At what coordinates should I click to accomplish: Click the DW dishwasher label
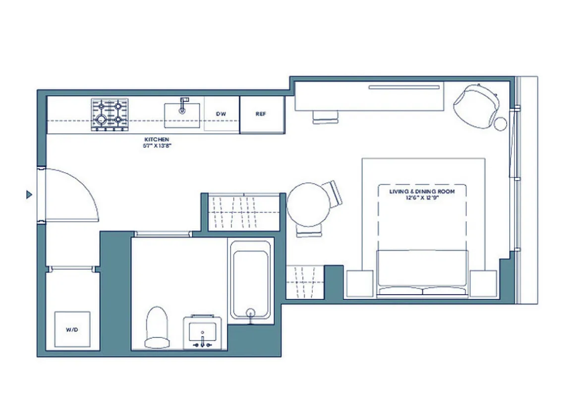tap(221, 114)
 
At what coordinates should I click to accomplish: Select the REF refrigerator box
tap(261, 114)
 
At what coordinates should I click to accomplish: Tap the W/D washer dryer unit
tap(72, 329)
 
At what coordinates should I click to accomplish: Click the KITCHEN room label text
tap(157, 140)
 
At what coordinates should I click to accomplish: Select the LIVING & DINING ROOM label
tap(422, 191)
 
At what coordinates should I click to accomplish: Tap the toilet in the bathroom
tap(157, 326)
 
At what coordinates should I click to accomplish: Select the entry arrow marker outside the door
tap(29, 195)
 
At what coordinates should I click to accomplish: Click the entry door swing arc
tap(74, 193)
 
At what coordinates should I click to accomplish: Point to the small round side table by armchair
tap(501, 123)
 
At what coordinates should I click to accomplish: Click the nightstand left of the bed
tap(360, 284)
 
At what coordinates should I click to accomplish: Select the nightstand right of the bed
tap(483, 284)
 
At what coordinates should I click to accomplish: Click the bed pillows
tap(422, 291)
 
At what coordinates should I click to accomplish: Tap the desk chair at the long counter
tap(326, 117)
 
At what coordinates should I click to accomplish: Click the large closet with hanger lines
tap(243, 212)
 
